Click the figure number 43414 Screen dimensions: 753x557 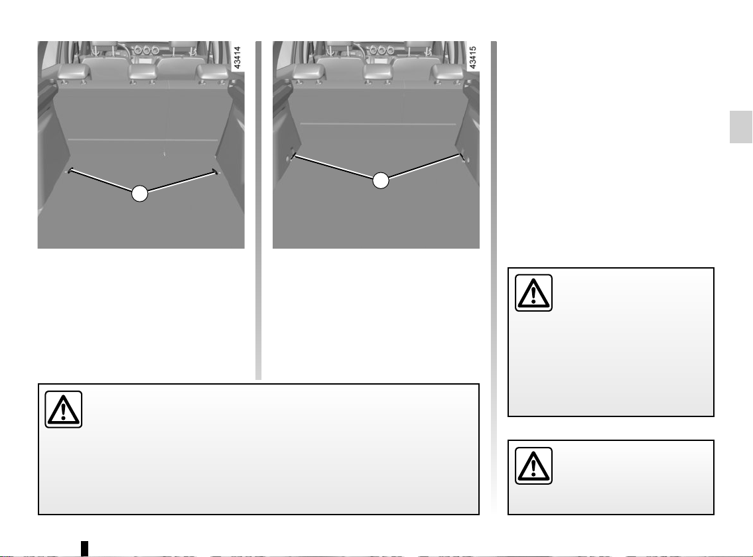pyautogui.click(x=237, y=58)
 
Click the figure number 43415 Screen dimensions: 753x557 pyautogui.click(x=472, y=58)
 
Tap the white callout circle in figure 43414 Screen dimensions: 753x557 pyautogui.click(x=140, y=194)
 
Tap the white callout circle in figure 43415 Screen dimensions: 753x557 pyautogui.click(x=380, y=180)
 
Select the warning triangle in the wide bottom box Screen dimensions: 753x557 pyautogui.click(x=64, y=410)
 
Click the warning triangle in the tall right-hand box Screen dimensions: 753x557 pyautogui.click(x=533, y=293)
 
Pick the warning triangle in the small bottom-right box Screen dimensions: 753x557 pyautogui.click(x=533, y=465)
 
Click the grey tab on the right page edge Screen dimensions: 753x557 pyautogui.click(x=741, y=127)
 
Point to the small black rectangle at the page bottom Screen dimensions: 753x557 pyautogui.click(x=84, y=548)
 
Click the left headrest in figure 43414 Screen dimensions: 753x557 pyautogui.click(x=74, y=72)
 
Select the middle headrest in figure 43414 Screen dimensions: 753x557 pyautogui.click(x=143, y=72)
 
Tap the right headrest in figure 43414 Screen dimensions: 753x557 pyautogui.click(x=212, y=72)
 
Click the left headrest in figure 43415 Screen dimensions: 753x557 pyautogui.click(x=308, y=72)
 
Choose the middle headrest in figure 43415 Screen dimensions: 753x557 pyautogui.click(x=378, y=72)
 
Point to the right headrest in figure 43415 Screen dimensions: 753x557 pyautogui.click(x=447, y=72)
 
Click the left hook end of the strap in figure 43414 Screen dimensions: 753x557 pyautogui.click(x=70, y=170)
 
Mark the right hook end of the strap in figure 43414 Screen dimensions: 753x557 pyautogui.click(x=215, y=172)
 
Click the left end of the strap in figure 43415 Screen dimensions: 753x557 pyautogui.click(x=293, y=156)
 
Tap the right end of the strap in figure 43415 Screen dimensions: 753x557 pyautogui.click(x=461, y=156)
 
